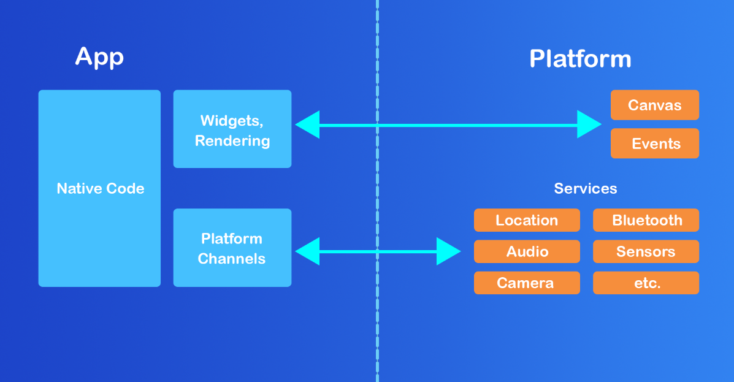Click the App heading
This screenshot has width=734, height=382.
tap(99, 56)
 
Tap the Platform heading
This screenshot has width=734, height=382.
tap(580, 59)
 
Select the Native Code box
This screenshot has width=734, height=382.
tap(99, 188)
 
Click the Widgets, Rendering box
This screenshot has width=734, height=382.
tap(232, 129)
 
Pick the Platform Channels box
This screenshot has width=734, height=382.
tap(232, 248)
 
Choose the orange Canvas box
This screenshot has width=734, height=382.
tap(654, 105)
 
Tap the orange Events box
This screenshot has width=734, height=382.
tap(654, 143)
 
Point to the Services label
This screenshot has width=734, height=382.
tap(586, 188)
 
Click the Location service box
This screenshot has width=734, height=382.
tap(527, 220)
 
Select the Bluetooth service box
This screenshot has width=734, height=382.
tap(646, 220)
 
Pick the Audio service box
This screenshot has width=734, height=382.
tap(527, 251)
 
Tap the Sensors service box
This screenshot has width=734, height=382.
tap(646, 251)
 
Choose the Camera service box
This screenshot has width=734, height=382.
tap(527, 283)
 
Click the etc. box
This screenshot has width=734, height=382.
tap(646, 283)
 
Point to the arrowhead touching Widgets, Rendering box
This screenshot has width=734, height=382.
tap(307, 125)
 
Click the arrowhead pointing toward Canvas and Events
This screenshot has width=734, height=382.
tap(589, 125)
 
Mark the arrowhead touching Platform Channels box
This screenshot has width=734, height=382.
tap(307, 251)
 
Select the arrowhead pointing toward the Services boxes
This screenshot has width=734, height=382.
tap(448, 251)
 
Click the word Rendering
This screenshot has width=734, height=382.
tap(232, 140)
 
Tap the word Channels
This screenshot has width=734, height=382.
tap(232, 258)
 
